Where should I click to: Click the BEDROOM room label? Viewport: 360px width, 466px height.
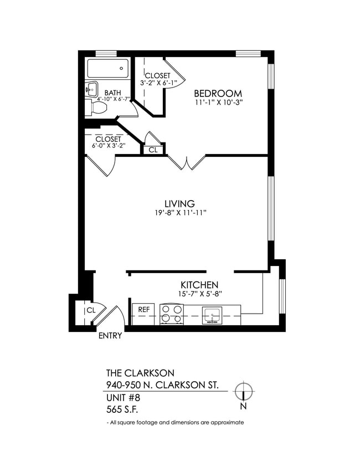point(218,93)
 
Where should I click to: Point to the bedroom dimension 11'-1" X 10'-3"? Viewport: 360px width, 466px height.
point(219,103)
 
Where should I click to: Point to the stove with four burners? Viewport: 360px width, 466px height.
point(171,314)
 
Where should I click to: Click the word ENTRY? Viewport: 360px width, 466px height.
point(110,336)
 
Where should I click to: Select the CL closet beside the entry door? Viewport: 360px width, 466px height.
point(91,311)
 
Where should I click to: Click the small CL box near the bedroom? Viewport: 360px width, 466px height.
point(153,150)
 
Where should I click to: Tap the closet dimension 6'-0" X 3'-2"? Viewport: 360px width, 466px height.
point(109,146)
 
